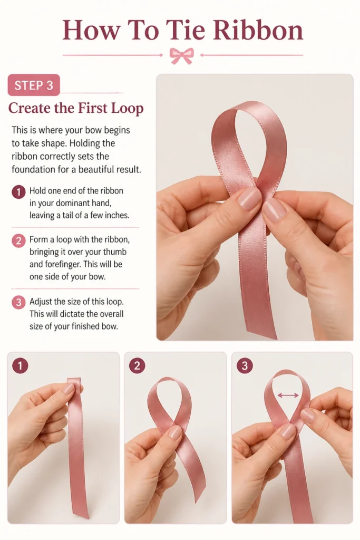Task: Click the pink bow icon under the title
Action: pos(182,55)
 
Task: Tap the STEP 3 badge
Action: pos(34,85)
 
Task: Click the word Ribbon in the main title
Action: pos(258,30)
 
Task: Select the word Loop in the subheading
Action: pos(127,109)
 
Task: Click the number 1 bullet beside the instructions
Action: pos(18,192)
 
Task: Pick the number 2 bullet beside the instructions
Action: pos(18,240)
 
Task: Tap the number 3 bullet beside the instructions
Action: pos(18,302)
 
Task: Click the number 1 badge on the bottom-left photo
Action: pos(20,366)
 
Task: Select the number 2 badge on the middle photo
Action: pos(137,366)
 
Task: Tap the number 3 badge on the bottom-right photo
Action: pos(245,366)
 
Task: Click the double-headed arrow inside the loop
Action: pos(288,396)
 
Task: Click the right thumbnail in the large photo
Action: pos(274,210)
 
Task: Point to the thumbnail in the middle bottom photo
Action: pos(175,432)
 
